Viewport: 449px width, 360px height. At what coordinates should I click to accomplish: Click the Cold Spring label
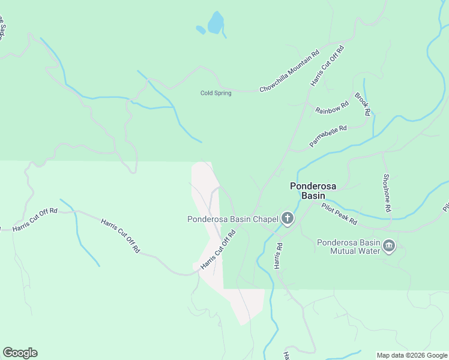[215, 93]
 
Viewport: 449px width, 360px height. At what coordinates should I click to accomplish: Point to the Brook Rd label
[362, 103]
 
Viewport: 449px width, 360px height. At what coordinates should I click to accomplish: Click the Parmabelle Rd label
[328, 136]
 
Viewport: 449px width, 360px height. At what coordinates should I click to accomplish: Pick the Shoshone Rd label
[387, 193]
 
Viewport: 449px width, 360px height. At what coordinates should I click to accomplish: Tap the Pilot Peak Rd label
[339, 214]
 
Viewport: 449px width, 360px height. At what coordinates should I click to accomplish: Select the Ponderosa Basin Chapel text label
[233, 218]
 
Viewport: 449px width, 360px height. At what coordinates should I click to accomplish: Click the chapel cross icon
[288, 218]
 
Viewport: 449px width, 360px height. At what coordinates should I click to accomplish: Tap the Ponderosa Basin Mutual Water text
[349, 247]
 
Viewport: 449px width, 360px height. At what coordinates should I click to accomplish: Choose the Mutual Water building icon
[388, 246]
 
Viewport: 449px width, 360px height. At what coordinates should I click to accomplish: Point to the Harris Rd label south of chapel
[279, 255]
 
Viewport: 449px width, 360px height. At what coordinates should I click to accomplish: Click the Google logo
[20, 353]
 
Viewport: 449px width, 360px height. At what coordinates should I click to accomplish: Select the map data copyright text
[412, 355]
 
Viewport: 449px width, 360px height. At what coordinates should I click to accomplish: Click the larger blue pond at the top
[215, 23]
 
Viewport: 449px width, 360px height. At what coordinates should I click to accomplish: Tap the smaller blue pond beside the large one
[200, 29]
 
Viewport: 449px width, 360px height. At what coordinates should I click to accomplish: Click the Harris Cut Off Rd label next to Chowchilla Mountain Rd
[327, 65]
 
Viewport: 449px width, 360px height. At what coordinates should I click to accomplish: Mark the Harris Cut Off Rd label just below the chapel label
[217, 251]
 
